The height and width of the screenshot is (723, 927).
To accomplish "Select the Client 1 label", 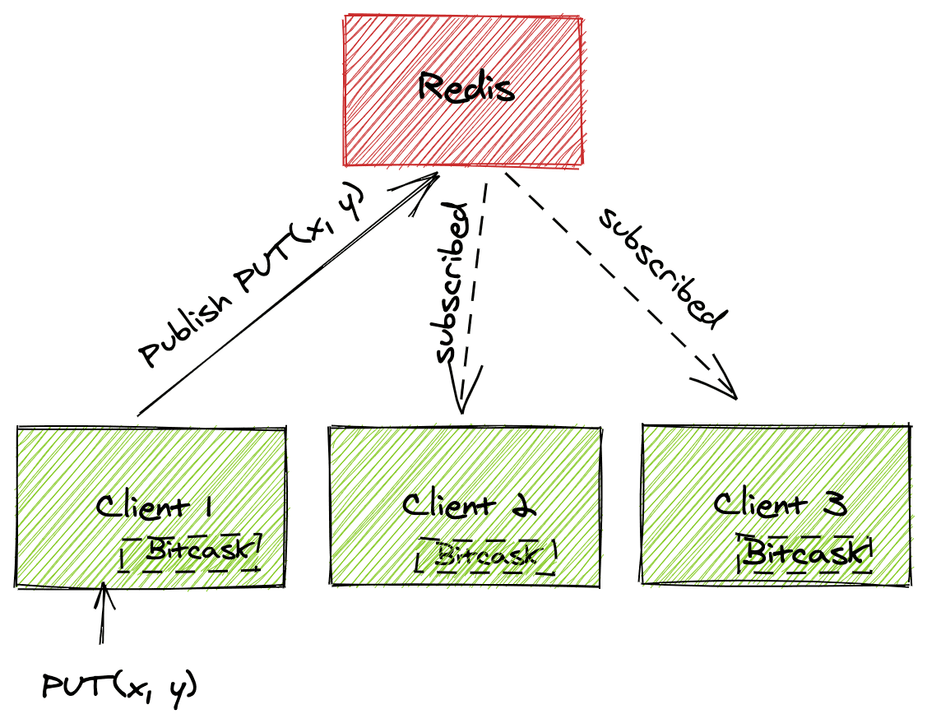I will (x=155, y=507).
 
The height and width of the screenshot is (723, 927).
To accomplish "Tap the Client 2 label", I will (x=469, y=504).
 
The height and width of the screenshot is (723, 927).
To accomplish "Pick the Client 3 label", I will (x=780, y=503).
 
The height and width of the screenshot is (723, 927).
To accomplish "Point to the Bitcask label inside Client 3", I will (x=806, y=551).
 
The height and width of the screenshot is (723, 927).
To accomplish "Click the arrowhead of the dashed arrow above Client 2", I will (x=463, y=395).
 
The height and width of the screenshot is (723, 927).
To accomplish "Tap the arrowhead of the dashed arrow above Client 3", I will (x=724, y=383).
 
